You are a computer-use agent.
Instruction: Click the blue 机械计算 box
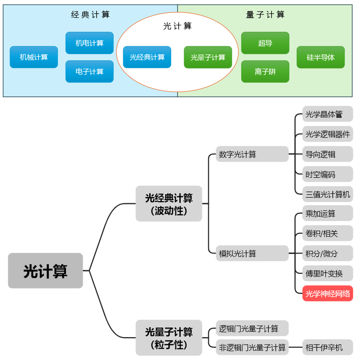[x=34, y=57]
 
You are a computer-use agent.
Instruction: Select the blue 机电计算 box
[x=90, y=43]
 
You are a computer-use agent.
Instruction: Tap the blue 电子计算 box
[x=90, y=72]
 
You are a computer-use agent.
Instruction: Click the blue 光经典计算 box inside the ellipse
[x=147, y=57]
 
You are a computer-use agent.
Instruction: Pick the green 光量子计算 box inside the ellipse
[x=208, y=57]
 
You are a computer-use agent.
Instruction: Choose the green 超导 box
[x=265, y=43]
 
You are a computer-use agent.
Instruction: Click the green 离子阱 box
[x=265, y=72]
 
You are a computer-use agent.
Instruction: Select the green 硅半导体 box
[x=321, y=57]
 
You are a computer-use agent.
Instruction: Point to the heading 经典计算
[x=90, y=15]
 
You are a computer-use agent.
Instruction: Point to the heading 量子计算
[x=265, y=15]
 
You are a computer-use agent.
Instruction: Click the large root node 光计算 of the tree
[x=45, y=271]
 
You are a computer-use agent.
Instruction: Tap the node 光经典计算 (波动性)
[x=169, y=204]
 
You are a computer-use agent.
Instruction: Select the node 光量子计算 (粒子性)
[x=169, y=338]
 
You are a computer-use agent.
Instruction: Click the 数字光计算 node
[x=252, y=154]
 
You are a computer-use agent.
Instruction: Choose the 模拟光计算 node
[x=252, y=254]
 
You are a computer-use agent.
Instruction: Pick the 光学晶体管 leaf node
[x=328, y=114]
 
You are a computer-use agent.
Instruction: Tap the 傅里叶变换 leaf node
[x=328, y=273]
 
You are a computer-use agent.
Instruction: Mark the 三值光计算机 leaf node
[x=328, y=194]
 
